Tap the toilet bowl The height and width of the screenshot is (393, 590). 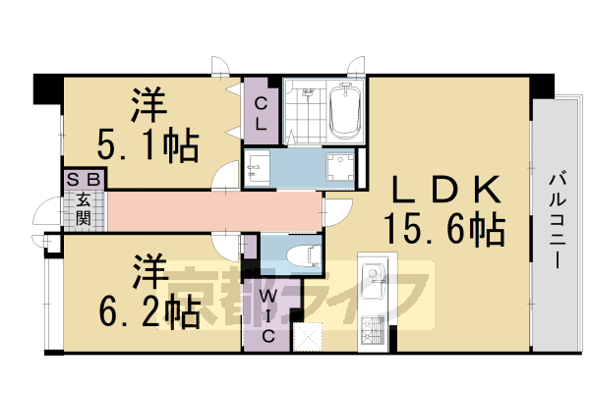301,255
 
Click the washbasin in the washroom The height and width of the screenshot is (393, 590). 258,167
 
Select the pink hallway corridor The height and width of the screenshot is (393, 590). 211,211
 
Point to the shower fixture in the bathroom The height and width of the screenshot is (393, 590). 309,96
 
